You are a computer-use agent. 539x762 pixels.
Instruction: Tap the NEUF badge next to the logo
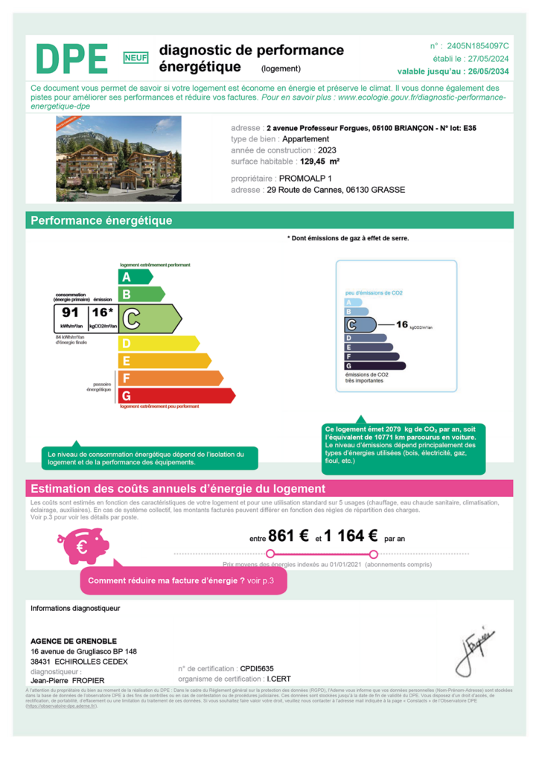135,57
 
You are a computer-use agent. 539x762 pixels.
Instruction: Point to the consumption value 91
71,313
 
